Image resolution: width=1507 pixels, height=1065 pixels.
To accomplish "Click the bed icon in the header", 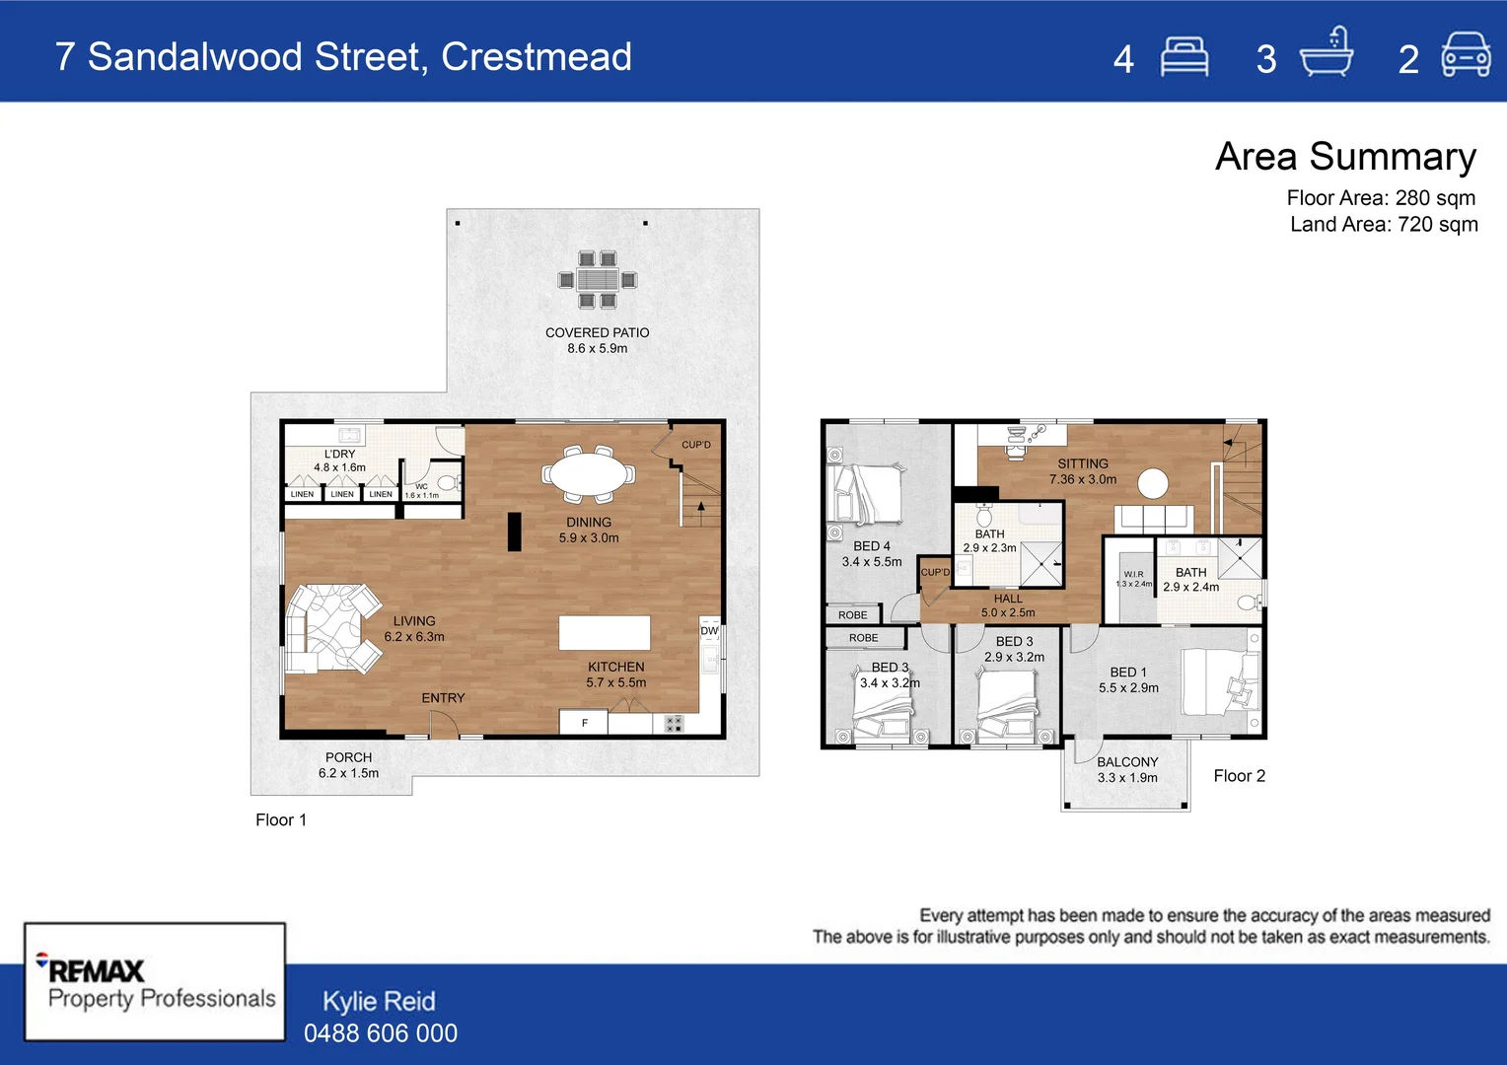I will (1184, 57).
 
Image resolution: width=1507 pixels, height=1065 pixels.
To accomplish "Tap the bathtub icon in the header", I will (1327, 54).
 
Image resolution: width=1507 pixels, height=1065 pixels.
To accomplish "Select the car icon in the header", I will (1466, 55).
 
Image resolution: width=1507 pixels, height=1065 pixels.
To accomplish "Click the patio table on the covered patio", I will (598, 280).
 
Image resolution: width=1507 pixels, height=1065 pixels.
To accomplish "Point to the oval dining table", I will (590, 473).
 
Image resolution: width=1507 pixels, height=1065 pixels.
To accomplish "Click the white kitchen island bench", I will (605, 633).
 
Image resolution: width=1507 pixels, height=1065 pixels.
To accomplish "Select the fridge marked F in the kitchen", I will (584, 723).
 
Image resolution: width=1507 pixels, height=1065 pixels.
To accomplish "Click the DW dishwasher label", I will (709, 631).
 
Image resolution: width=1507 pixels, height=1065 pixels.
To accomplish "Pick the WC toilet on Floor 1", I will (447, 482).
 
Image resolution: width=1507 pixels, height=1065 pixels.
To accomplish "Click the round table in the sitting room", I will (1153, 483).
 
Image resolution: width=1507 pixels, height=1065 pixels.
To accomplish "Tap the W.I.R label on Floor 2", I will (1134, 574).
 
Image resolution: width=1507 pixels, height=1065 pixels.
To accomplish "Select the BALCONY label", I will (1127, 762).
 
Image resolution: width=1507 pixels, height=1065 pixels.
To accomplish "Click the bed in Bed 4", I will (867, 494).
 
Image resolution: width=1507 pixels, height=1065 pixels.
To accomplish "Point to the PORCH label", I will (348, 757).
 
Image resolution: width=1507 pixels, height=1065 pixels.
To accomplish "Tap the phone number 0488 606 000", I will (381, 1033).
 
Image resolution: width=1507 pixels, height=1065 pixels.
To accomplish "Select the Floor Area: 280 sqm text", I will (1381, 198).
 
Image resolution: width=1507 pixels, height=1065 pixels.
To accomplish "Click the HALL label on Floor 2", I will (1008, 599).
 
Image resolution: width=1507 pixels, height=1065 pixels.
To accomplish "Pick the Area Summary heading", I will (1345, 157).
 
